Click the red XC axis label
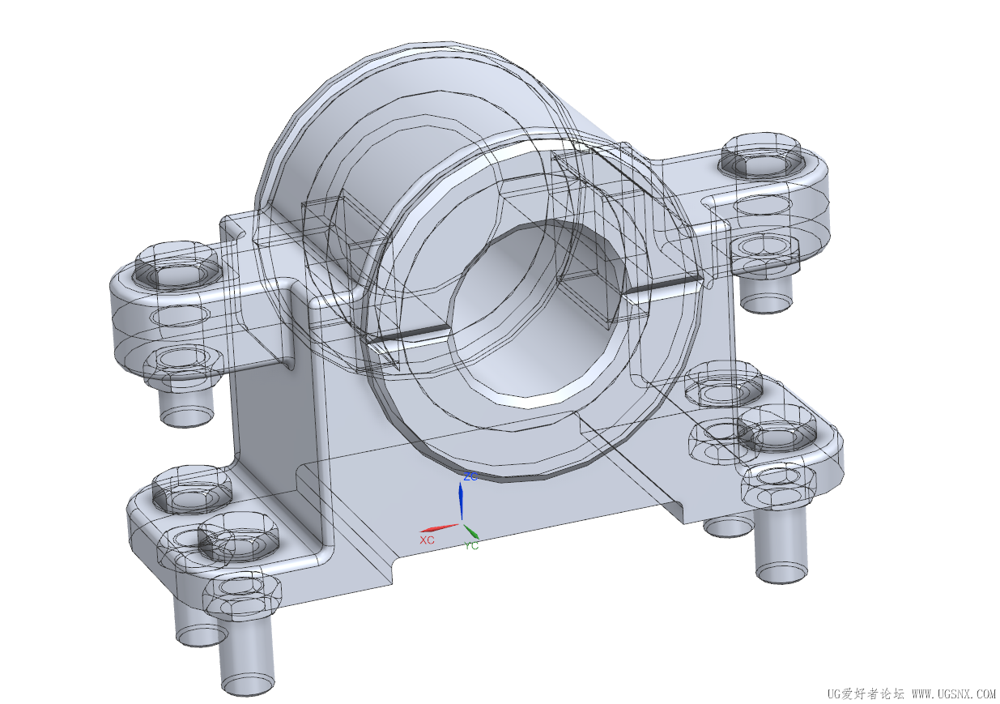[427, 540]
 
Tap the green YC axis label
[471, 545]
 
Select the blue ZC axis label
[470, 476]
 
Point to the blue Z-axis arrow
[461, 501]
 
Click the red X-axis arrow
[440, 527]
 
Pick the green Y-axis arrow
[470, 531]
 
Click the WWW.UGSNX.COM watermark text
[954, 693]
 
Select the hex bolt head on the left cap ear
[177, 266]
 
